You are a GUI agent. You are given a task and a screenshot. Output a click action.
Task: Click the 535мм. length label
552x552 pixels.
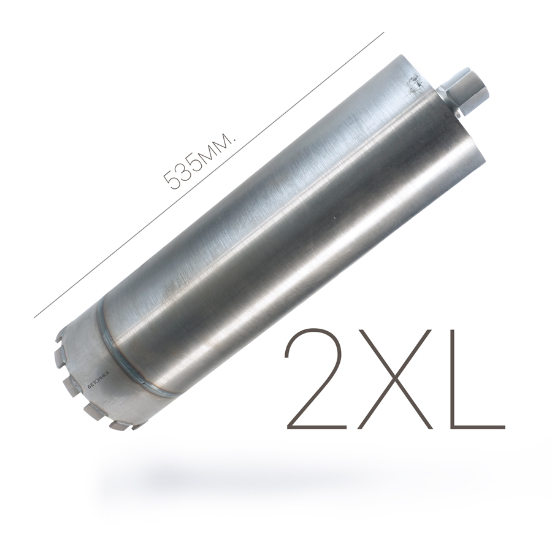199,161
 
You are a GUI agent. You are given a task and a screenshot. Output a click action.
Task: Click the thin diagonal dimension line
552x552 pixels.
209,175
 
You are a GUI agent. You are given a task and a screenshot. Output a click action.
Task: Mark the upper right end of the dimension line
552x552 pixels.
384,33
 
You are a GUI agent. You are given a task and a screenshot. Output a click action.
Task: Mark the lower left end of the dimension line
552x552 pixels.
34,318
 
